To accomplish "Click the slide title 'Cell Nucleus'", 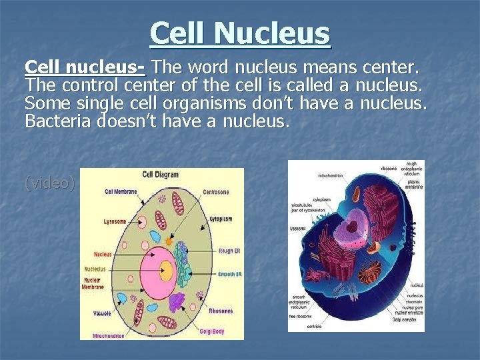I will pyautogui.click(x=240, y=33).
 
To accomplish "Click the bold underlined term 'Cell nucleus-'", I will pyautogui.click(x=86, y=67).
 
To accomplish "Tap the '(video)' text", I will pyautogui.click(x=50, y=183).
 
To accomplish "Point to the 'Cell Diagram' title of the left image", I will pyautogui.click(x=160, y=175).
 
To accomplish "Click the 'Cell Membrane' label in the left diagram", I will pyautogui.click(x=120, y=191).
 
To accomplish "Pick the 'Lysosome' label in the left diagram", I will pyautogui.click(x=115, y=221).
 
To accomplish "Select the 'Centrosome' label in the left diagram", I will pyautogui.click(x=216, y=192).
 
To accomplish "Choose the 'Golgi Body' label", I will pyautogui.click(x=212, y=331).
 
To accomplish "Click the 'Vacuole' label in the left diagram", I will pyautogui.click(x=103, y=312).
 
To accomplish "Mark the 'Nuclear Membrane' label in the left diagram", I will pyautogui.click(x=94, y=283).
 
